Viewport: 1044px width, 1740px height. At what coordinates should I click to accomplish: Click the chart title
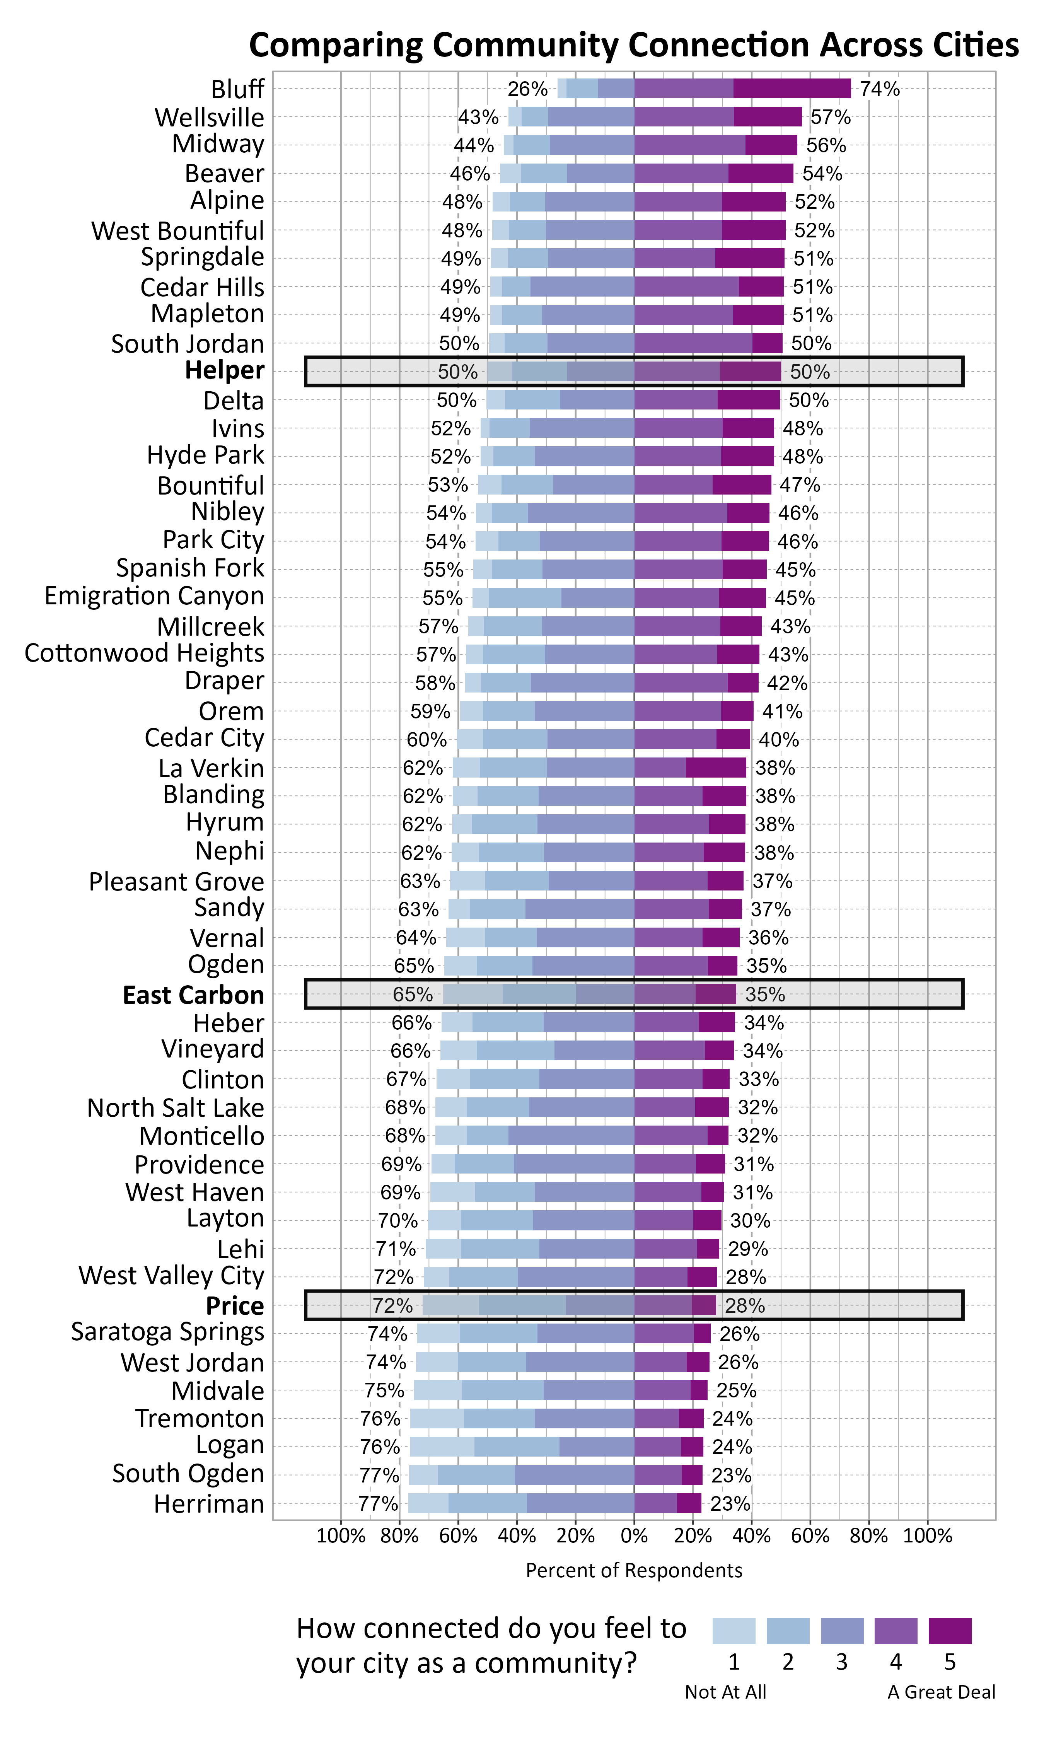(633, 45)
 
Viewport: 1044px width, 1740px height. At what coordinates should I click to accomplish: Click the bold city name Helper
(224, 371)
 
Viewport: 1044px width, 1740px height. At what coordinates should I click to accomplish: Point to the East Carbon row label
(193, 995)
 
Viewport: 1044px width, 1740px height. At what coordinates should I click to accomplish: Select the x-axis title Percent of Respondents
(634, 1571)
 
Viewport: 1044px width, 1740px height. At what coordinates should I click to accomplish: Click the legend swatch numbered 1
(734, 1630)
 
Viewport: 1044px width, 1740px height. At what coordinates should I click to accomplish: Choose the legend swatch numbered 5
(950, 1630)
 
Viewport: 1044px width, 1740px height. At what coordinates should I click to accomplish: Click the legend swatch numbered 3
(842, 1630)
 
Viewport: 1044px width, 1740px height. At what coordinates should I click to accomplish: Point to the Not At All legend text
(725, 1692)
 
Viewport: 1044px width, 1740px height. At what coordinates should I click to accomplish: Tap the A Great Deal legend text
(941, 1692)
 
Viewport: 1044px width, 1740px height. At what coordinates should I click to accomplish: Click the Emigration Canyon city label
(154, 596)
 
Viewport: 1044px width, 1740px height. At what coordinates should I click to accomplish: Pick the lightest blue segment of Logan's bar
(442, 1447)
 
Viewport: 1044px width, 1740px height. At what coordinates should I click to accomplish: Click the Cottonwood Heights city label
(144, 653)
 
